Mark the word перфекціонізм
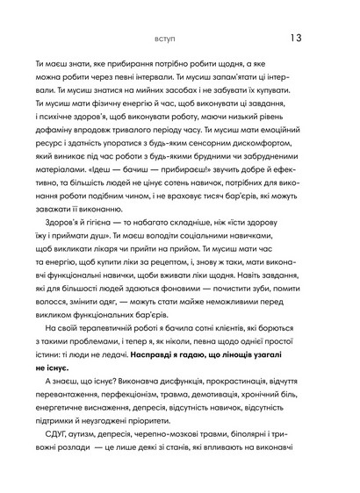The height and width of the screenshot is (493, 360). (x=127, y=409)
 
